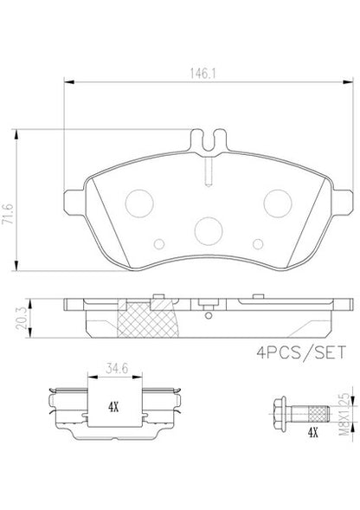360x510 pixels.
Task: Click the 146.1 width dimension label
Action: coord(202,74)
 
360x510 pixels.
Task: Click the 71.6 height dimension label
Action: coord(8,214)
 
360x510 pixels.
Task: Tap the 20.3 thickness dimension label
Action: coord(21,318)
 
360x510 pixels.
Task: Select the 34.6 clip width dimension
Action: coord(117,369)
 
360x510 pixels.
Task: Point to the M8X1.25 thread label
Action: coord(344,414)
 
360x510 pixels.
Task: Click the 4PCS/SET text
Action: coord(301,352)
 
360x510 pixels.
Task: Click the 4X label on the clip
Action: coord(113,407)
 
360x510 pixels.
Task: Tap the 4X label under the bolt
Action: coord(312,432)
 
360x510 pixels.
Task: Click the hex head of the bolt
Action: coord(280,413)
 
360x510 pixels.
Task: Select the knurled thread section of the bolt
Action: coord(318,413)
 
